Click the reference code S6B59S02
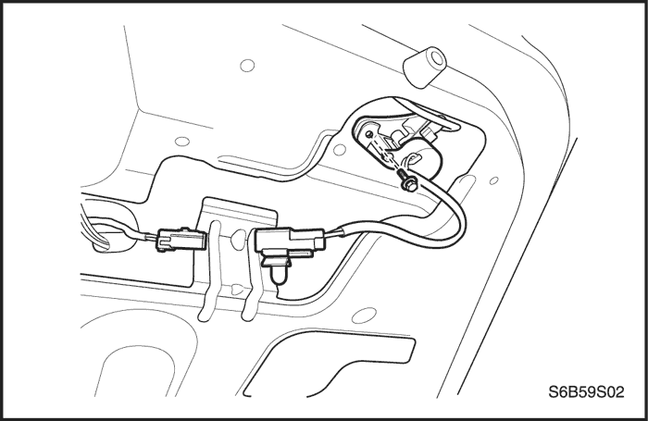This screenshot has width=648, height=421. pyautogui.click(x=586, y=392)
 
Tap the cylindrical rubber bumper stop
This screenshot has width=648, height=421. pyautogui.click(x=425, y=67)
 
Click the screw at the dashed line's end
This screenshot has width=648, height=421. pyautogui.click(x=407, y=181)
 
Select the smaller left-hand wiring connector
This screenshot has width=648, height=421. pyautogui.click(x=181, y=240)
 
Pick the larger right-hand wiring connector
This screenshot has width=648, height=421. pyautogui.click(x=291, y=241)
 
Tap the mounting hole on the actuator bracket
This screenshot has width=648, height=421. pyautogui.click(x=369, y=133)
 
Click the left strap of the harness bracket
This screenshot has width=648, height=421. pyautogui.click(x=211, y=273)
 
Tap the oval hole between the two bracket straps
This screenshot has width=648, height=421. pyautogui.click(x=239, y=240)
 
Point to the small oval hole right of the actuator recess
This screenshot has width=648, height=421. pyautogui.click(x=493, y=180)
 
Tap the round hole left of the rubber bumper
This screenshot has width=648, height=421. pyautogui.click(x=247, y=66)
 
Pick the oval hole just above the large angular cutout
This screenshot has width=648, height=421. pyautogui.click(x=364, y=316)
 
